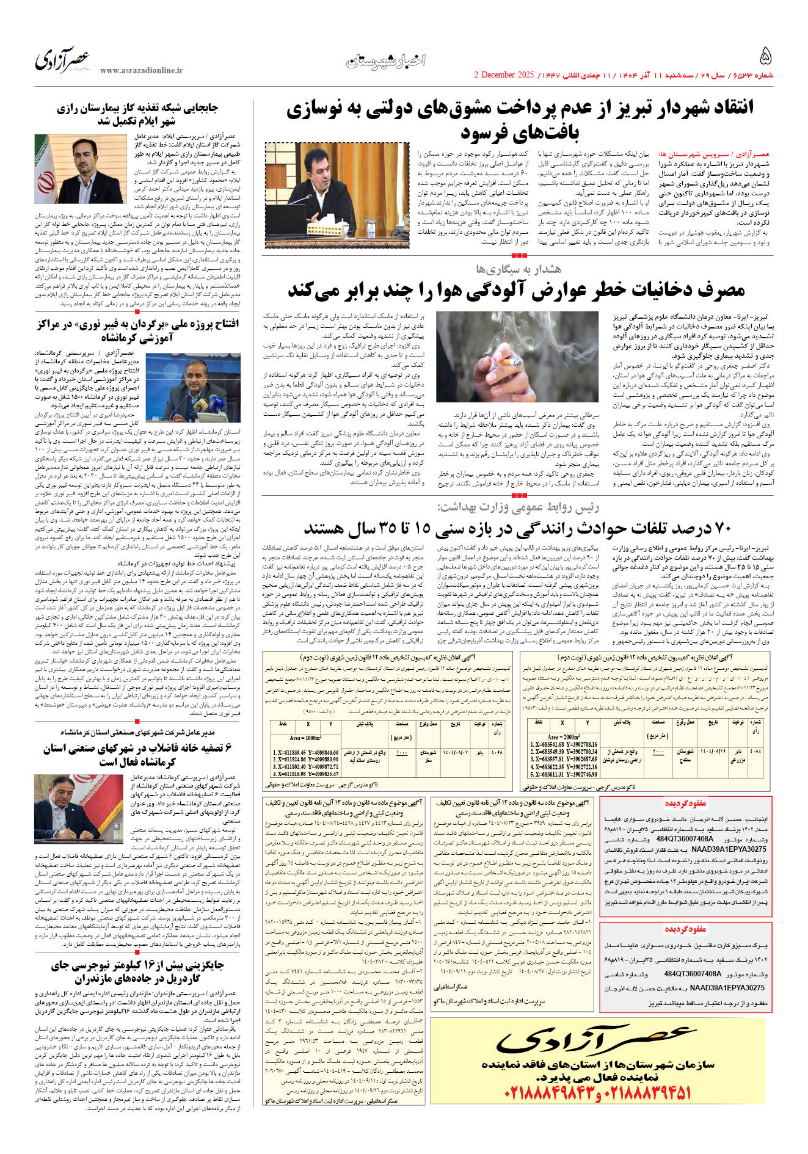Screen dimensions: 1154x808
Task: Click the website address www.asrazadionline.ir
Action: tap(141, 71)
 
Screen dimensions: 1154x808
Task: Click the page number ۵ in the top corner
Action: tap(765, 57)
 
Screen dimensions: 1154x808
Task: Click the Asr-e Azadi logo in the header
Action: tap(63, 60)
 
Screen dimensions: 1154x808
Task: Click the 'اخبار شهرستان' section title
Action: tap(386, 60)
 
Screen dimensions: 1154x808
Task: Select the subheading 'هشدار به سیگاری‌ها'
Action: tap(519, 269)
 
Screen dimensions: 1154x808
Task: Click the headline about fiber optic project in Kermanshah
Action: tap(137, 330)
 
